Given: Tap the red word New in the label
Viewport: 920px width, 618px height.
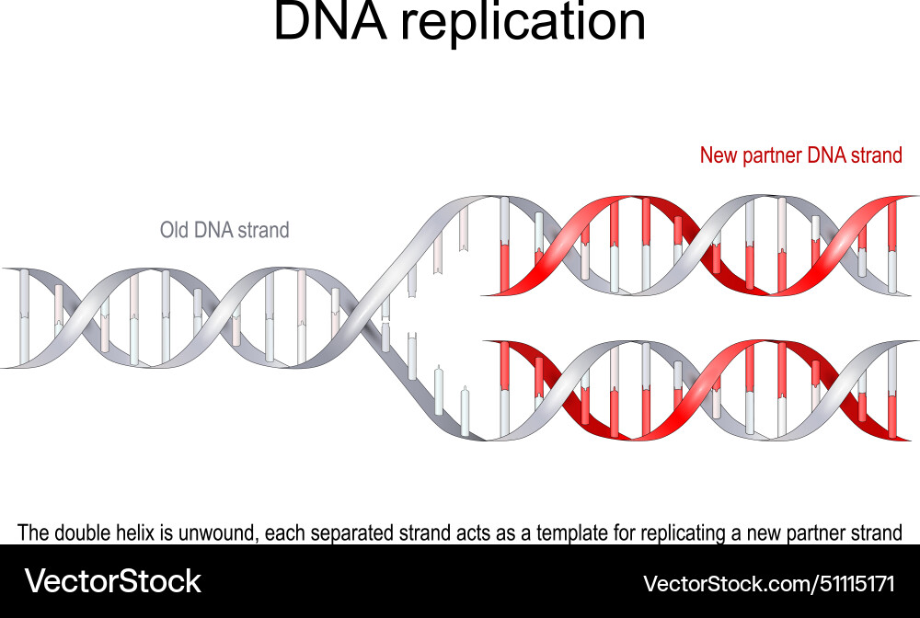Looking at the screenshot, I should click(719, 155).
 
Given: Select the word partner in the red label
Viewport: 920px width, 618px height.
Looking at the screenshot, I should click(771, 156).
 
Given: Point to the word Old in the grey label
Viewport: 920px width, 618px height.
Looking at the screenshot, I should click(175, 230).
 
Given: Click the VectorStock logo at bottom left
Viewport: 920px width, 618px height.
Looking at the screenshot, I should click(112, 581).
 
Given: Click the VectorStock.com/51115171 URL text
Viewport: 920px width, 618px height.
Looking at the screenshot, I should click(768, 583).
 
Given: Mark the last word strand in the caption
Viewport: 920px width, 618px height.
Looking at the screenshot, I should click(875, 532).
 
